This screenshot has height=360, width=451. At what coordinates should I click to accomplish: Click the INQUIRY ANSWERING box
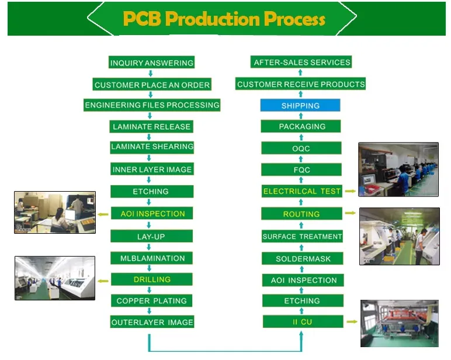(151, 63)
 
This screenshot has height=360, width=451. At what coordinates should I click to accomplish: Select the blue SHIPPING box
(300, 106)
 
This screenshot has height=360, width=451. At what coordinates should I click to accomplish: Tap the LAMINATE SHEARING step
(152, 147)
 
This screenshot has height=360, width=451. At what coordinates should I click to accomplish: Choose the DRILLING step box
(152, 279)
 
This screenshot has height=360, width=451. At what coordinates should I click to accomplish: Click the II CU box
(302, 321)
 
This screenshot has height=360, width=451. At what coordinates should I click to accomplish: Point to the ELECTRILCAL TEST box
(301, 191)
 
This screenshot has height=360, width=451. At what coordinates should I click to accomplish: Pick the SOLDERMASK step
(303, 258)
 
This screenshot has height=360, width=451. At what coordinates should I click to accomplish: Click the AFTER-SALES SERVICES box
(301, 63)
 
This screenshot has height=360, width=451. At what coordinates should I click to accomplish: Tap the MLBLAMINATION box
(152, 258)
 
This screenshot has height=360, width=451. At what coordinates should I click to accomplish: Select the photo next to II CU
(399, 323)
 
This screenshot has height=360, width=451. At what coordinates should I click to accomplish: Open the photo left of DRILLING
(55, 278)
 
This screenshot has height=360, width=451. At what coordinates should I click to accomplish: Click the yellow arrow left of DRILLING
(102, 281)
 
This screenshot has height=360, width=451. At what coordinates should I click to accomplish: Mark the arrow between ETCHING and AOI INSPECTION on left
(151, 202)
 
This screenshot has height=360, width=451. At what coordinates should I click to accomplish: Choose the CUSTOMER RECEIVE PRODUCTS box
(301, 84)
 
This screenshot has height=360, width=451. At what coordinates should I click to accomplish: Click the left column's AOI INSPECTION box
(152, 213)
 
